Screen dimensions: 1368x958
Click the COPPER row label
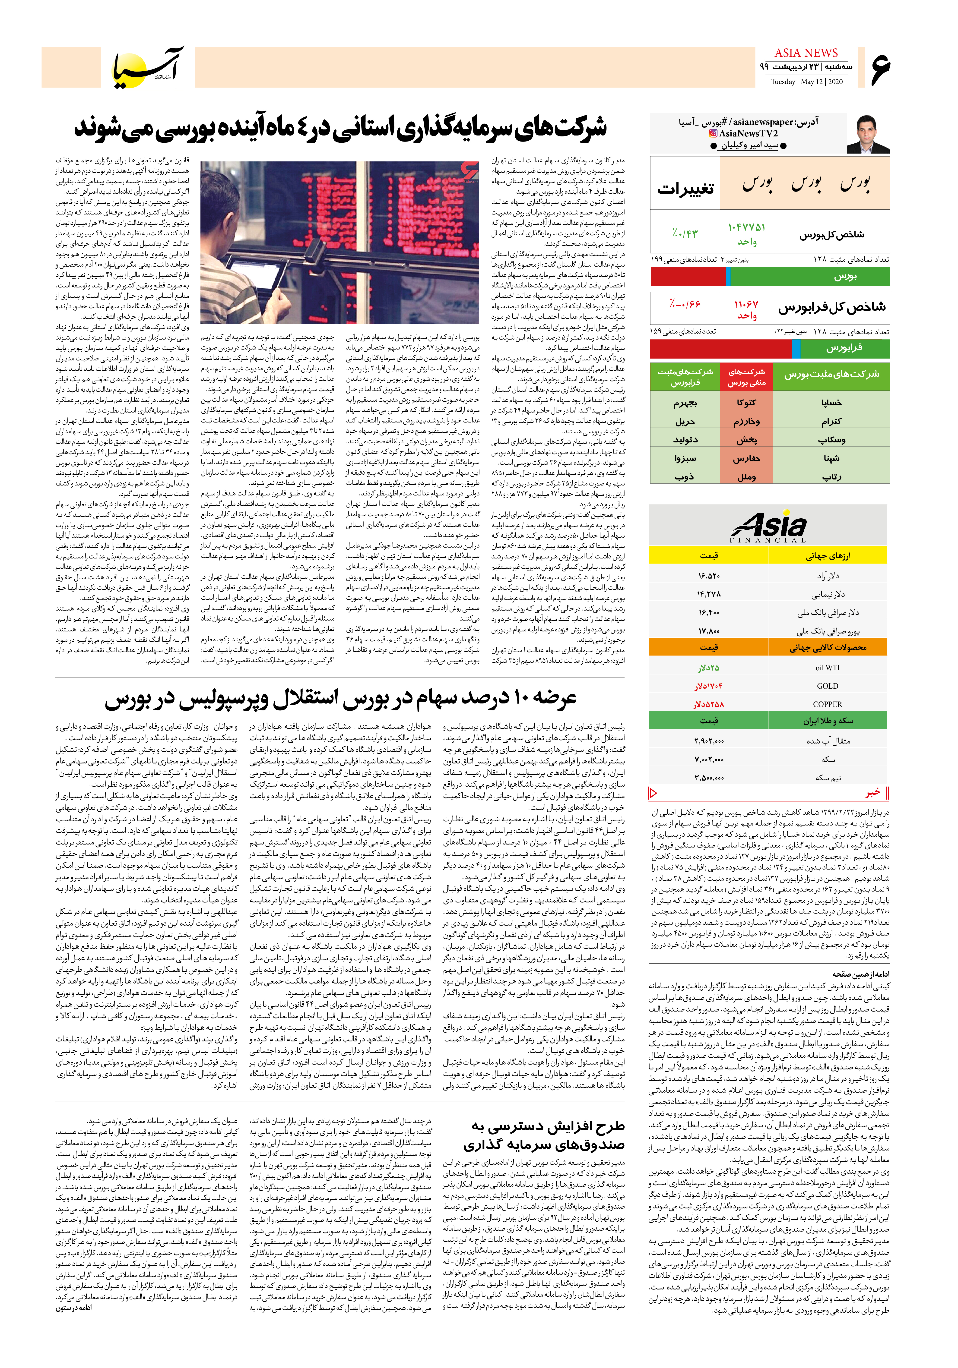828,704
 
